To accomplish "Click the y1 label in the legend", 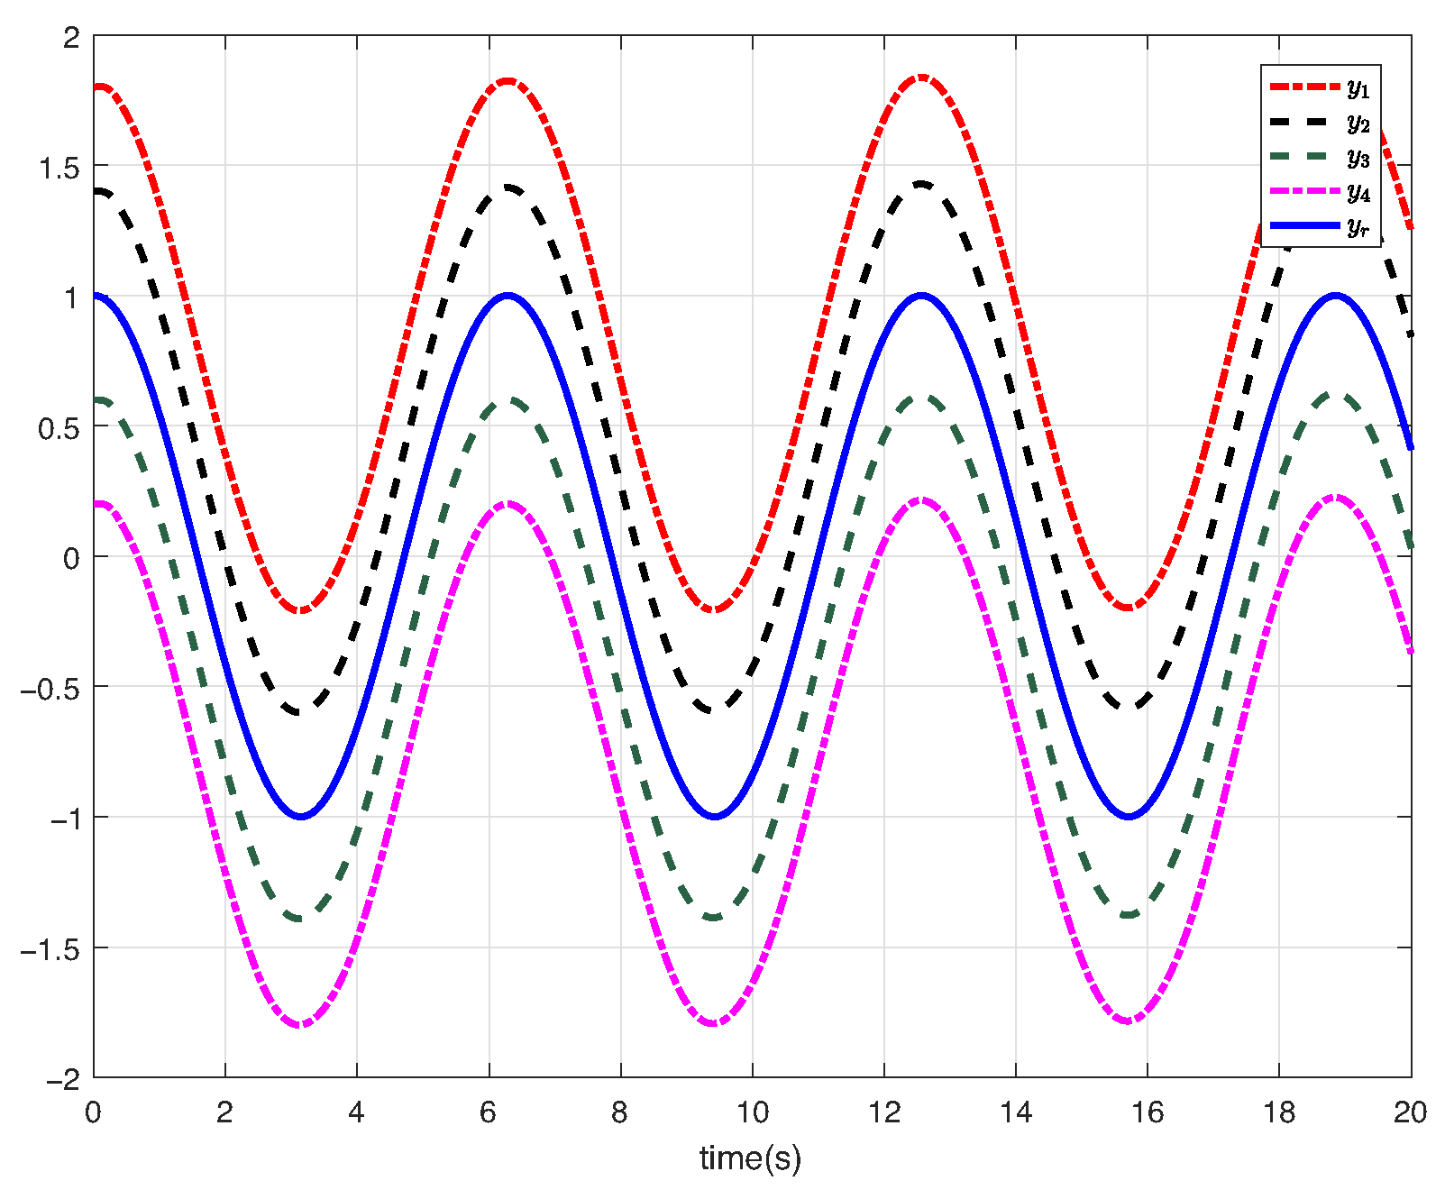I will click(1358, 88).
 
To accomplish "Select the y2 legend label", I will click(1358, 123).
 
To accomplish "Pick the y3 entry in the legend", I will click(1358, 158).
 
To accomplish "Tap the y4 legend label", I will click(1358, 192).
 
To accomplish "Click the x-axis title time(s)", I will click(750, 1158).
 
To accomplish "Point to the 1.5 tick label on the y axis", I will click(59, 168).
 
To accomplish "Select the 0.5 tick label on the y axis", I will click(59, 428).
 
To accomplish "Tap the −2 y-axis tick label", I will click(63, 1079).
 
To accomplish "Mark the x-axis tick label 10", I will click(752, 1113).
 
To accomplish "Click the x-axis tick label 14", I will click(1016, 1113).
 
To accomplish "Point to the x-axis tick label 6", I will click(489, 1113).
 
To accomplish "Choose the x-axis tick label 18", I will click(1279, 1113).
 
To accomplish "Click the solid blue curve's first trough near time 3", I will click(301, 817).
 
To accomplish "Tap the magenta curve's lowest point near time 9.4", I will click(714, 1023).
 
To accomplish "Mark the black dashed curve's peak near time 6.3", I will click(508, 188).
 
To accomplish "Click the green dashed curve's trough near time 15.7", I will click(1129, 915).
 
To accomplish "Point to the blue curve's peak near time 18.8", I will click(1335, 296).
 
